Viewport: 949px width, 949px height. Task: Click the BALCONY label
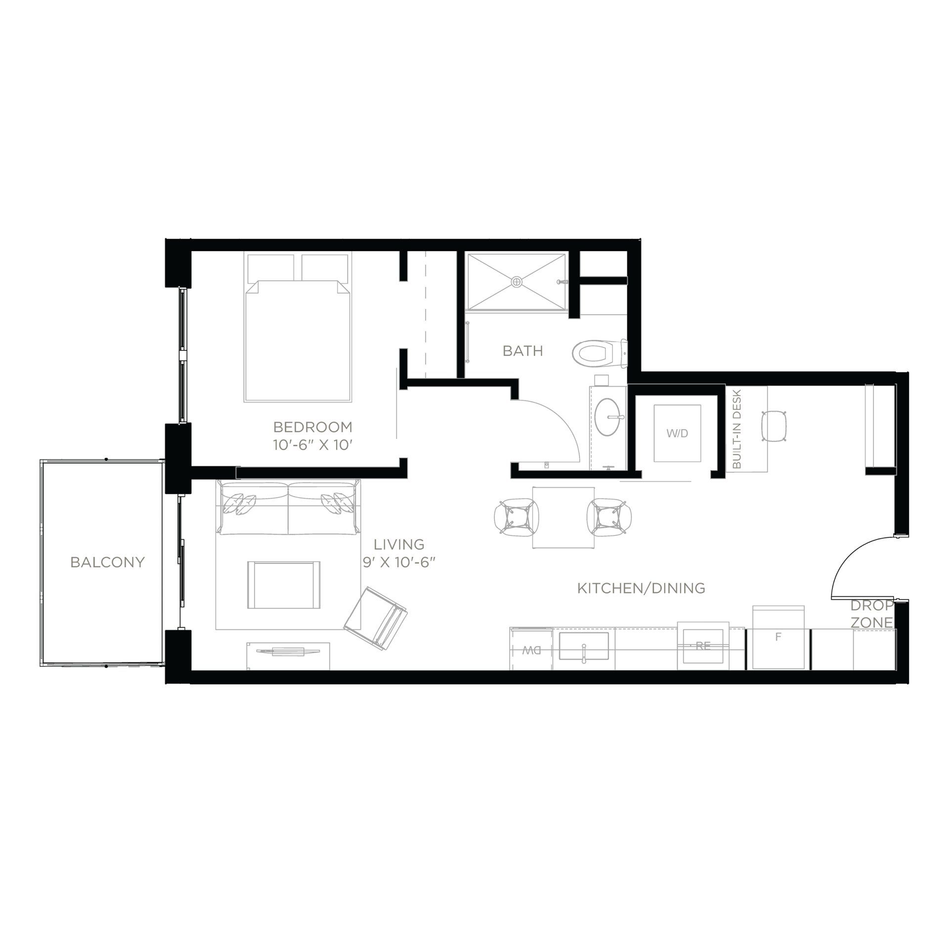point(107,562)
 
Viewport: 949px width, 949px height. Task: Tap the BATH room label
point(522,351)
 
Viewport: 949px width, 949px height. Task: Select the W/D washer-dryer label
point(677,433)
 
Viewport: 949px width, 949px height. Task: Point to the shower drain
point(517,282)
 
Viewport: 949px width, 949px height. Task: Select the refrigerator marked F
point(778,638)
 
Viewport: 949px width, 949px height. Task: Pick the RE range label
point(702,646)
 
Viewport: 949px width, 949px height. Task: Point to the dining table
point(562,517)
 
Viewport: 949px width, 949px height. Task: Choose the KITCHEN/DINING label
point(641,588)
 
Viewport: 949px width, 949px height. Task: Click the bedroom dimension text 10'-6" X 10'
point(312,445)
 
